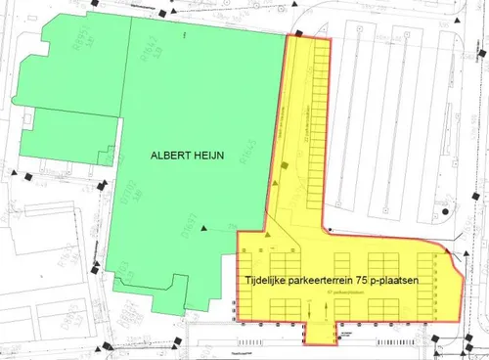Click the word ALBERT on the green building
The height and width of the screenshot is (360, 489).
[x=171, y=154]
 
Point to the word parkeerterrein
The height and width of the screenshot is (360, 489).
[x=330, y=281]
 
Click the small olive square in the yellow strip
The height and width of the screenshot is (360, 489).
[x=285, y=168]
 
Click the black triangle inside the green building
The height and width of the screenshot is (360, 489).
[x=205, y=227]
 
